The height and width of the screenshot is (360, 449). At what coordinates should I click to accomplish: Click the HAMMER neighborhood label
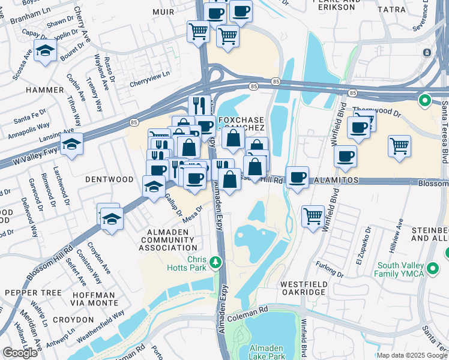pyautogui.click(x=44, y=90)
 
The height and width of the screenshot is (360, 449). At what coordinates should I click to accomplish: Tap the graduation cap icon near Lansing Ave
pyautogui.click(x=71, y=144)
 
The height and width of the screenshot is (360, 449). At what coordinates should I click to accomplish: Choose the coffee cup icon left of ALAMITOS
pyautogui.click(x=297, y=177)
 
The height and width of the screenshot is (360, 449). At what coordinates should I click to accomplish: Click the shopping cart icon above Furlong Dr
pyautogui.click(x=313, y=215)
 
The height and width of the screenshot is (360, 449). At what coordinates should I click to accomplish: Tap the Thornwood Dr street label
pyautogui.click(x=376, y=111)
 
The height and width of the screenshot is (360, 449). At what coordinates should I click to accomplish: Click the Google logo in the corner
pyautogui.click(x=20, y=353)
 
